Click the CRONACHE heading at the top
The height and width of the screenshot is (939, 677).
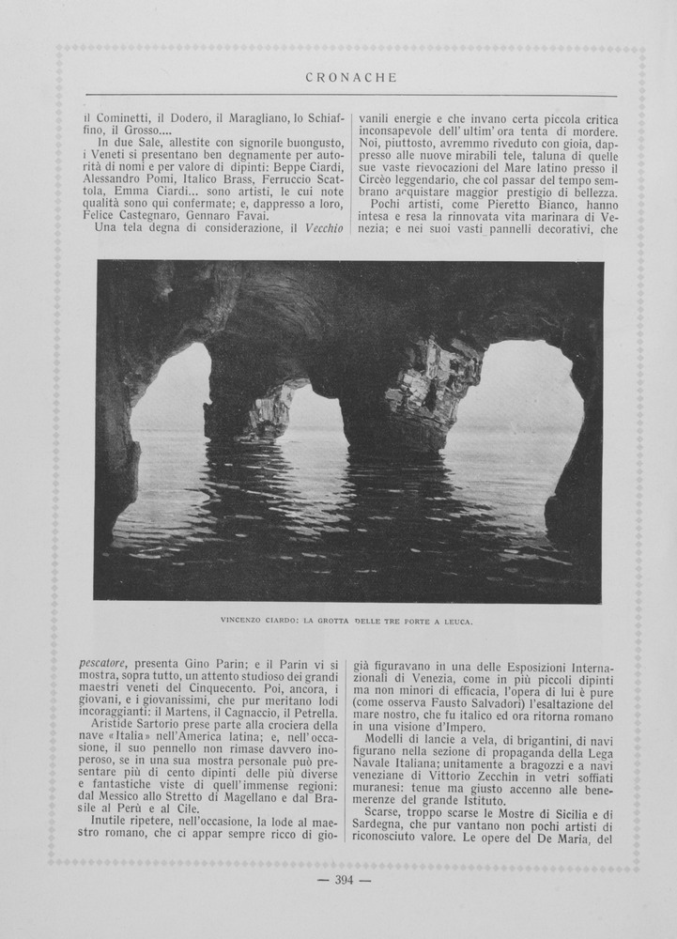coord(351,78)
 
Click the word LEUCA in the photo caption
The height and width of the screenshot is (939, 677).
coord(454,621)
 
